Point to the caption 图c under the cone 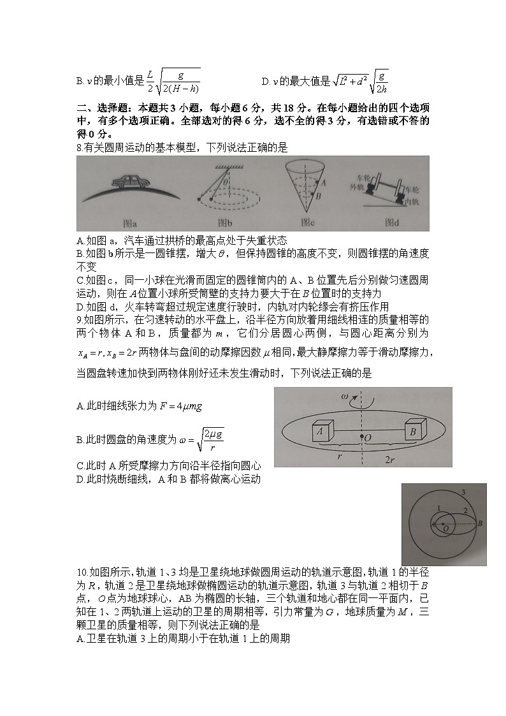308,223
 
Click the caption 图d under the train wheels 392,223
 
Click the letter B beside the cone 318,196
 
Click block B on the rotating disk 414,431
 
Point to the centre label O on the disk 367,437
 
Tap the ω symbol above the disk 345,396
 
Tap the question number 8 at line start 78,148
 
